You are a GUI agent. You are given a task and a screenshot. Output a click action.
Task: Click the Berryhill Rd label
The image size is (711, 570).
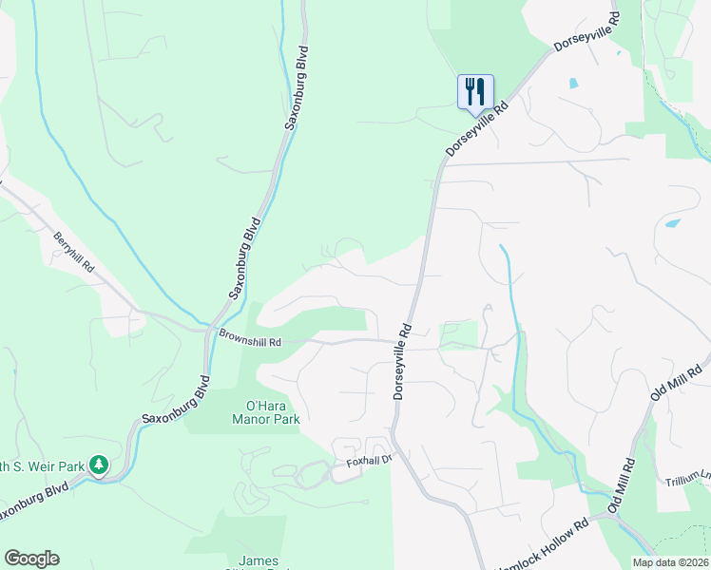click(74, 253)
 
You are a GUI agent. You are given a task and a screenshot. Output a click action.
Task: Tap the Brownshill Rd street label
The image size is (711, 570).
click(250, 336)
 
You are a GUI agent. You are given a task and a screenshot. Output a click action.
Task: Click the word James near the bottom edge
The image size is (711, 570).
click(259, 560)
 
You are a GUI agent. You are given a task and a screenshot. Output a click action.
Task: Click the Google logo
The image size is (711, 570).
click(31, 559)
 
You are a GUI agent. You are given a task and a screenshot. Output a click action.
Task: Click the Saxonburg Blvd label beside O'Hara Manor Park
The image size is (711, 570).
click(175, 405)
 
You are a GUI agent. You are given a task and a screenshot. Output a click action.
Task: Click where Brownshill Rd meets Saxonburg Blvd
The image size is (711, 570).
click(207, 331)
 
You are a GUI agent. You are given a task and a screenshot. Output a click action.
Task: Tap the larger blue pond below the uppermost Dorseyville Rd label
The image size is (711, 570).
click(674, 224)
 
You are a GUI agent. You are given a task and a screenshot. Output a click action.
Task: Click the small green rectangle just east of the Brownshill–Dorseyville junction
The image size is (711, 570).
click(458, 334)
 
